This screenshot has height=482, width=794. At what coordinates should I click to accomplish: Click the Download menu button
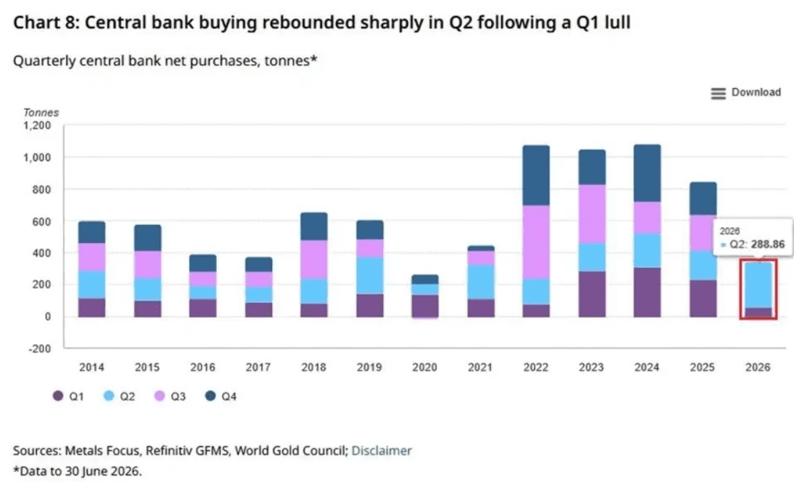point(746,93)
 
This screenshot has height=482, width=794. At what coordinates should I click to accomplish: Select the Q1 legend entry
point(69,396)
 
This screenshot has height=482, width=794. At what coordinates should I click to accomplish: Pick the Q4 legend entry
point(221,396)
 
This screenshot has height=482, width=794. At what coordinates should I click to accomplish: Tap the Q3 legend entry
point(170,396)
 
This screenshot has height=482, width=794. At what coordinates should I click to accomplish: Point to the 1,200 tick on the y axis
point(37,125)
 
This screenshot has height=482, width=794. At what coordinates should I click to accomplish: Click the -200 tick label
point(39,348)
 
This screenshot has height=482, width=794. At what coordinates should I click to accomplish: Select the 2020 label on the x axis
point(424,367)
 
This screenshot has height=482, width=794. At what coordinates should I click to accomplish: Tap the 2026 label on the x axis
point(758,367)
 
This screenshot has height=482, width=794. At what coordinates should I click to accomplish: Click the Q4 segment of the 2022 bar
point(536,175)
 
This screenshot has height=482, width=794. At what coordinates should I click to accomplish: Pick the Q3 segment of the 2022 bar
point(536,242)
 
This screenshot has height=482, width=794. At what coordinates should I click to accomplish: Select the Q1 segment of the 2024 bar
point(647,292)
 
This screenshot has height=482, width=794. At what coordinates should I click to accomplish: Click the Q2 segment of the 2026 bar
point(758,285)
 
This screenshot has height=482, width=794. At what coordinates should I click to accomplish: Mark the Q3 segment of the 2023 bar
point(592,214)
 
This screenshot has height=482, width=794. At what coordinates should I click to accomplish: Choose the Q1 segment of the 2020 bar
point(425,306)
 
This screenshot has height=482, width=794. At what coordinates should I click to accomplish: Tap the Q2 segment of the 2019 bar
point(370,275)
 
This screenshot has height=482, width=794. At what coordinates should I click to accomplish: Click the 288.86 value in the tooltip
point(768,244)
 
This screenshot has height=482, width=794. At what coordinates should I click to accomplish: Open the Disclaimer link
point(381,450)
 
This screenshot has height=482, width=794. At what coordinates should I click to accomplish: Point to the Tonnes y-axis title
point(41,112)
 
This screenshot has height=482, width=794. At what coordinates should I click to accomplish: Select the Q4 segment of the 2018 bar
point(314,226)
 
